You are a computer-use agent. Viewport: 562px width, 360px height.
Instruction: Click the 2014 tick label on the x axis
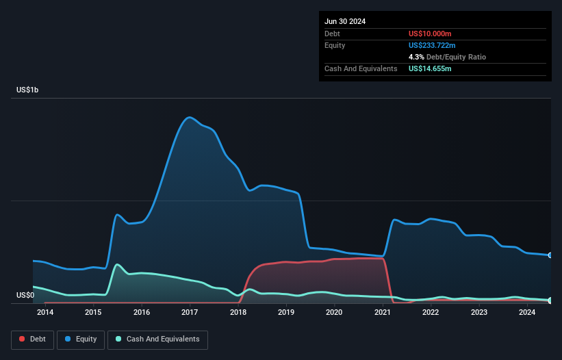coord(45,313)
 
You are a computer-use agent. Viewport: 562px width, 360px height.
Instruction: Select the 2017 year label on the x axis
coord(190,313)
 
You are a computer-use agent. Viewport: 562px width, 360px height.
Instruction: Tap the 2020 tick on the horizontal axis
coord(334,313)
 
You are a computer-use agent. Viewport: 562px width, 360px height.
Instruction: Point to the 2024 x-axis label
coord(527,313)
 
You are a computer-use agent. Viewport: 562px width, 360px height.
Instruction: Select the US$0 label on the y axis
coord(25,295)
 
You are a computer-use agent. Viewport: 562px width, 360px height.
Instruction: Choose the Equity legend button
coord(81,339)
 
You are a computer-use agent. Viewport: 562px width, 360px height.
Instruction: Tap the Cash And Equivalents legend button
coord(157,339)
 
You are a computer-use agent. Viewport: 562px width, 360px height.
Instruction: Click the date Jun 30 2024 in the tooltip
coord(345,21)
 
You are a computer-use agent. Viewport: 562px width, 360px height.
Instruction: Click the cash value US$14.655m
coord(430,68)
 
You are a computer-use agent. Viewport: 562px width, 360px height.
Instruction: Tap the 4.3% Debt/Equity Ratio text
coord(447,57)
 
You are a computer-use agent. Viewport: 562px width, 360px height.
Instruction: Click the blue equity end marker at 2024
coord(550,255)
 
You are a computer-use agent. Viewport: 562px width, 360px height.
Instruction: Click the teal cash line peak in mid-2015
coord(117,264)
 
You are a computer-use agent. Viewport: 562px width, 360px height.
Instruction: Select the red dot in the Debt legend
coord(23,339)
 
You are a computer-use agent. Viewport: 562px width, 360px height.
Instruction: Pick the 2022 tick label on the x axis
coord(431,313)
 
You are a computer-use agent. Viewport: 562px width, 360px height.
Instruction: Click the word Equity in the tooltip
coord(336,45)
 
